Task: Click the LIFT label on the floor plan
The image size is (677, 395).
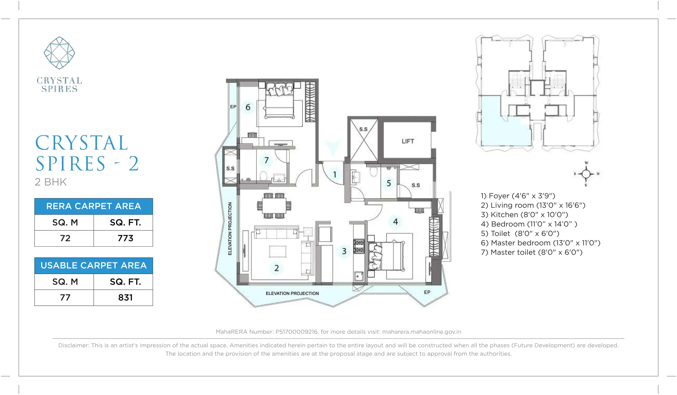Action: pyautogui.click(x=407, y=141)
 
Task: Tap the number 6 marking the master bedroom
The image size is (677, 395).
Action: pyautogui.click(x=248, y=107)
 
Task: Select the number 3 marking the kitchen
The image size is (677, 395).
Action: pyautogui.click(x=344, y=251)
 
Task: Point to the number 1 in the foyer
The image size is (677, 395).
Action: pyautogui.click(x=335, y=175)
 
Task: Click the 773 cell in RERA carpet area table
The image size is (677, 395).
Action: pyautogui.click(x=125, y=238)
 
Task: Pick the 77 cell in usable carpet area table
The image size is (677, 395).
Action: pyautogui.click(x=65, y=298)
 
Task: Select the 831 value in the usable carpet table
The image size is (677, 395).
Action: pyautogui.click(x=125, y=298)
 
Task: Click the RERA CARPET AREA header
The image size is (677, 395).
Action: pyautogui.click(x=94, y=206)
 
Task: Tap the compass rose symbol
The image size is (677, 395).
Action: pyautogui.click(x=586, y=174)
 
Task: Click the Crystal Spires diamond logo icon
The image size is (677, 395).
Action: pyautogui.click(x=59, y=53)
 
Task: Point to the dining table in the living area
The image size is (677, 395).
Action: pyautogui.click(x=274, y=206)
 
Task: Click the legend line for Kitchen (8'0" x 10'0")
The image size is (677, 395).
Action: pyautogui.click(x=524, y=215)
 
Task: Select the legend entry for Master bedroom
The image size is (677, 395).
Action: pyautogui.click(x=540, y=243)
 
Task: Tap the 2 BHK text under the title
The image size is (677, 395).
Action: pyautogui.click(x=50, y=182)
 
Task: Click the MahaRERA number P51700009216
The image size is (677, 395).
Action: pyautogui.click(x=296, y=332)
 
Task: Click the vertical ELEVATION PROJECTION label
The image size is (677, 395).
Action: pyautogui.click(x=230, y=228)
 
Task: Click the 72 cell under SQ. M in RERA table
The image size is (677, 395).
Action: pyautogui.click(x=65, y=238)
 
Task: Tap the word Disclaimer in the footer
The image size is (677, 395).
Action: pyautogui.click(x=73, y=345)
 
